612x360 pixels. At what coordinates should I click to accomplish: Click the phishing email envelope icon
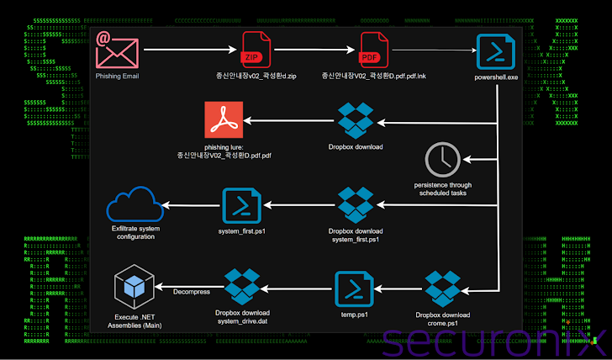click(x=117, y=50)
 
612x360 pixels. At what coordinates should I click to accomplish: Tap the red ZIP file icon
click(x=256, y=50)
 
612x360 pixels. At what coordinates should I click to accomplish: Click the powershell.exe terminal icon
click(x=495, y=52)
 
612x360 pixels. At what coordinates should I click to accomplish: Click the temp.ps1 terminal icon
click(x=354, y=289)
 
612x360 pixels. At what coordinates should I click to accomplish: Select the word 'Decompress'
click(x=193, y=292)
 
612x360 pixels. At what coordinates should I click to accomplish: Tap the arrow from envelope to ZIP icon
click(x=188, y=50)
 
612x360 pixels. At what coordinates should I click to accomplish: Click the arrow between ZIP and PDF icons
click(x=312, y=50)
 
